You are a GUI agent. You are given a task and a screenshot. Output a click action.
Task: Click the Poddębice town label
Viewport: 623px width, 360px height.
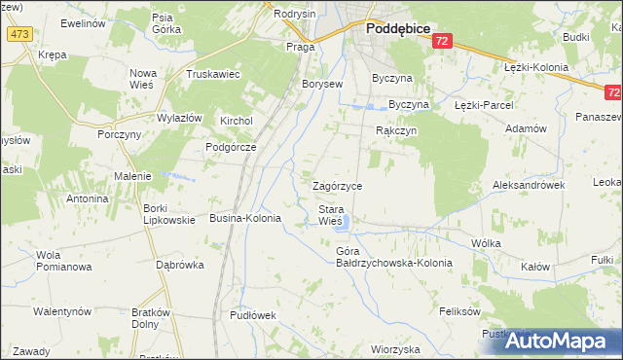click(398, 29)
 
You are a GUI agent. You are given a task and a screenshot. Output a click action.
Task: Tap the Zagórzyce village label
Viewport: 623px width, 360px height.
click(337, 185)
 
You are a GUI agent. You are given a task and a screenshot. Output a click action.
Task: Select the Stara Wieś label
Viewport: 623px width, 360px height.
click(331, 215)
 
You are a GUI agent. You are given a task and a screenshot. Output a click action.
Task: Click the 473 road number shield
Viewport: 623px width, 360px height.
click(19, 33)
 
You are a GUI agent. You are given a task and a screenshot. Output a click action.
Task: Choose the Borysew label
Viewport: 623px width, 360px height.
click(322, 84)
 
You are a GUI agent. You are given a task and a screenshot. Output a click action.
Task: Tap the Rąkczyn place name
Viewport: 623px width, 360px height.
click(396, 129)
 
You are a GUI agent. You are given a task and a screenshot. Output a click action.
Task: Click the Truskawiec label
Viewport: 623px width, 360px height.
click(213, 74)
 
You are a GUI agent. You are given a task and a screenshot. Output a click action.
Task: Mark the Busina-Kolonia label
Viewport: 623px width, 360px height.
click(245, 219)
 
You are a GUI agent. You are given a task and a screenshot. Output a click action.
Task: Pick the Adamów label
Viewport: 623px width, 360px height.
click(527, 127)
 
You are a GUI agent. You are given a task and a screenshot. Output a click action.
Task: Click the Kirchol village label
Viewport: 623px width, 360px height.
click(237, 121)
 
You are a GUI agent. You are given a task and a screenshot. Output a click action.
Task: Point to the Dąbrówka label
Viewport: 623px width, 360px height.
click(180, 264)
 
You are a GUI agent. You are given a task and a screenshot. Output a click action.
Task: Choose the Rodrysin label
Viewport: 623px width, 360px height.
click(295, 14)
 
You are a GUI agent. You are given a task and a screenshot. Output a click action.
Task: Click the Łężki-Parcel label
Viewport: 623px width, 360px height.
click(483, 104)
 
